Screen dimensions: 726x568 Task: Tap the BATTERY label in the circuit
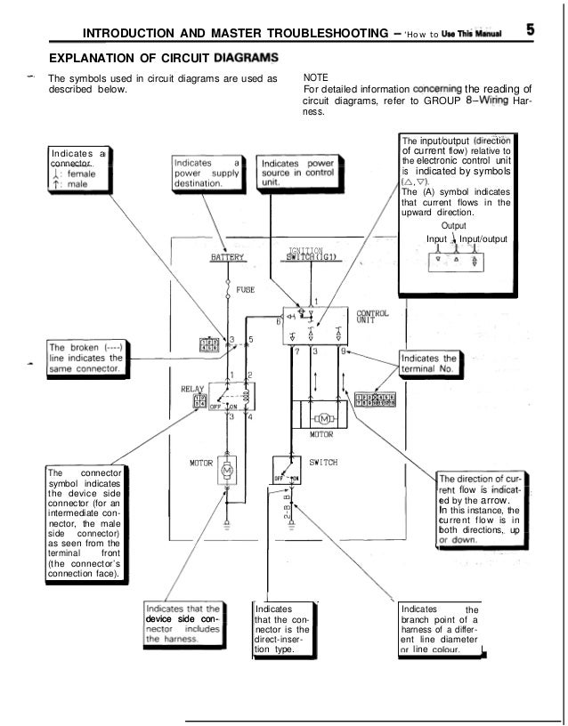(x=226, y=257)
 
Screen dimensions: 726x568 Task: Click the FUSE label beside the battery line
(x=246, y=289)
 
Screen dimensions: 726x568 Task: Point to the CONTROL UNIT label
(x=371, y=318)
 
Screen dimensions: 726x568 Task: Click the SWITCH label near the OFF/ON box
(x=321, y=463)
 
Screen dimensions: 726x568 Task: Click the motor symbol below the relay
(x=225, y=468)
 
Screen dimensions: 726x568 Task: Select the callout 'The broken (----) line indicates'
(x=85, y=357)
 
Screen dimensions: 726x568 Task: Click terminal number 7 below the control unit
(x=296, y=351)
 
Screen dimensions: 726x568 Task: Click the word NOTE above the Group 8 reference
(x=316, y=78)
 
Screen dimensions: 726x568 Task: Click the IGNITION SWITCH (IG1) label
(x=306, y=255)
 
